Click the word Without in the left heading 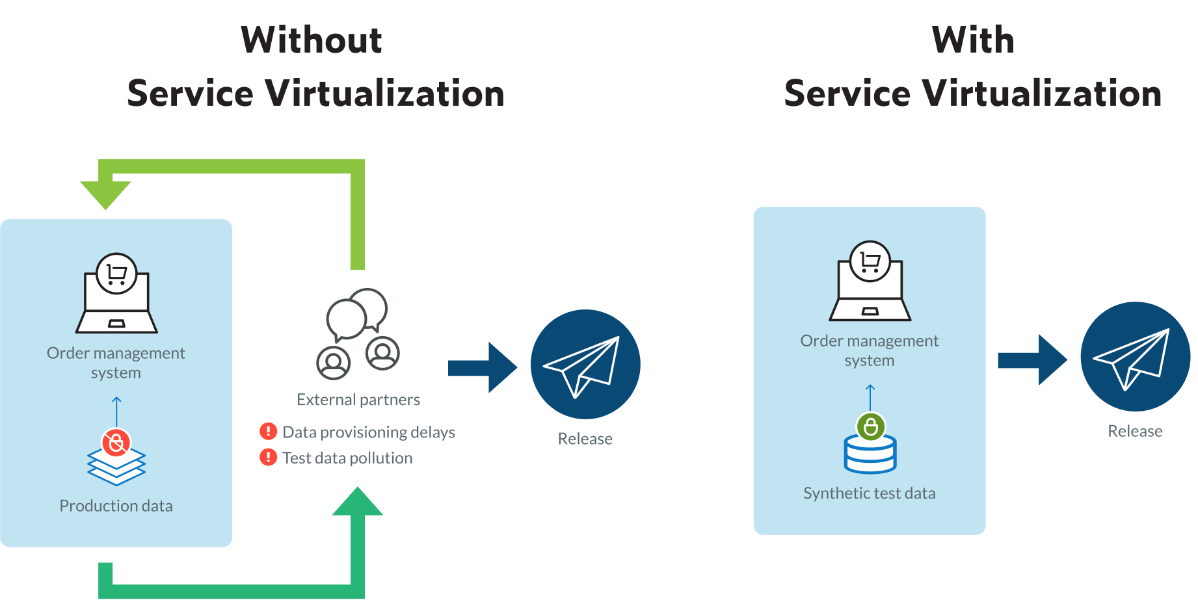coord(312,40)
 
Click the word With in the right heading coord(973,40)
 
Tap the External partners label coord(358,399)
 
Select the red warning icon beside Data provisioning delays coord(268,431)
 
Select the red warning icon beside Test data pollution coord(268,457)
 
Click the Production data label coord(116,506)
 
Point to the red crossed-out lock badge coord(116,443)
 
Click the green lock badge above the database coord(870,427)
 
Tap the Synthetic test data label coord(869,493)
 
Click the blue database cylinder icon coord(870,455)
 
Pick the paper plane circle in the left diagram coord(585,364)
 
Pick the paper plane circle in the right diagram coord(1135,356)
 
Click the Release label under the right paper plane coord(1135,431)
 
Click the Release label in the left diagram coord(585,439)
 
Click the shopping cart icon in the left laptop coord(116,274)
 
